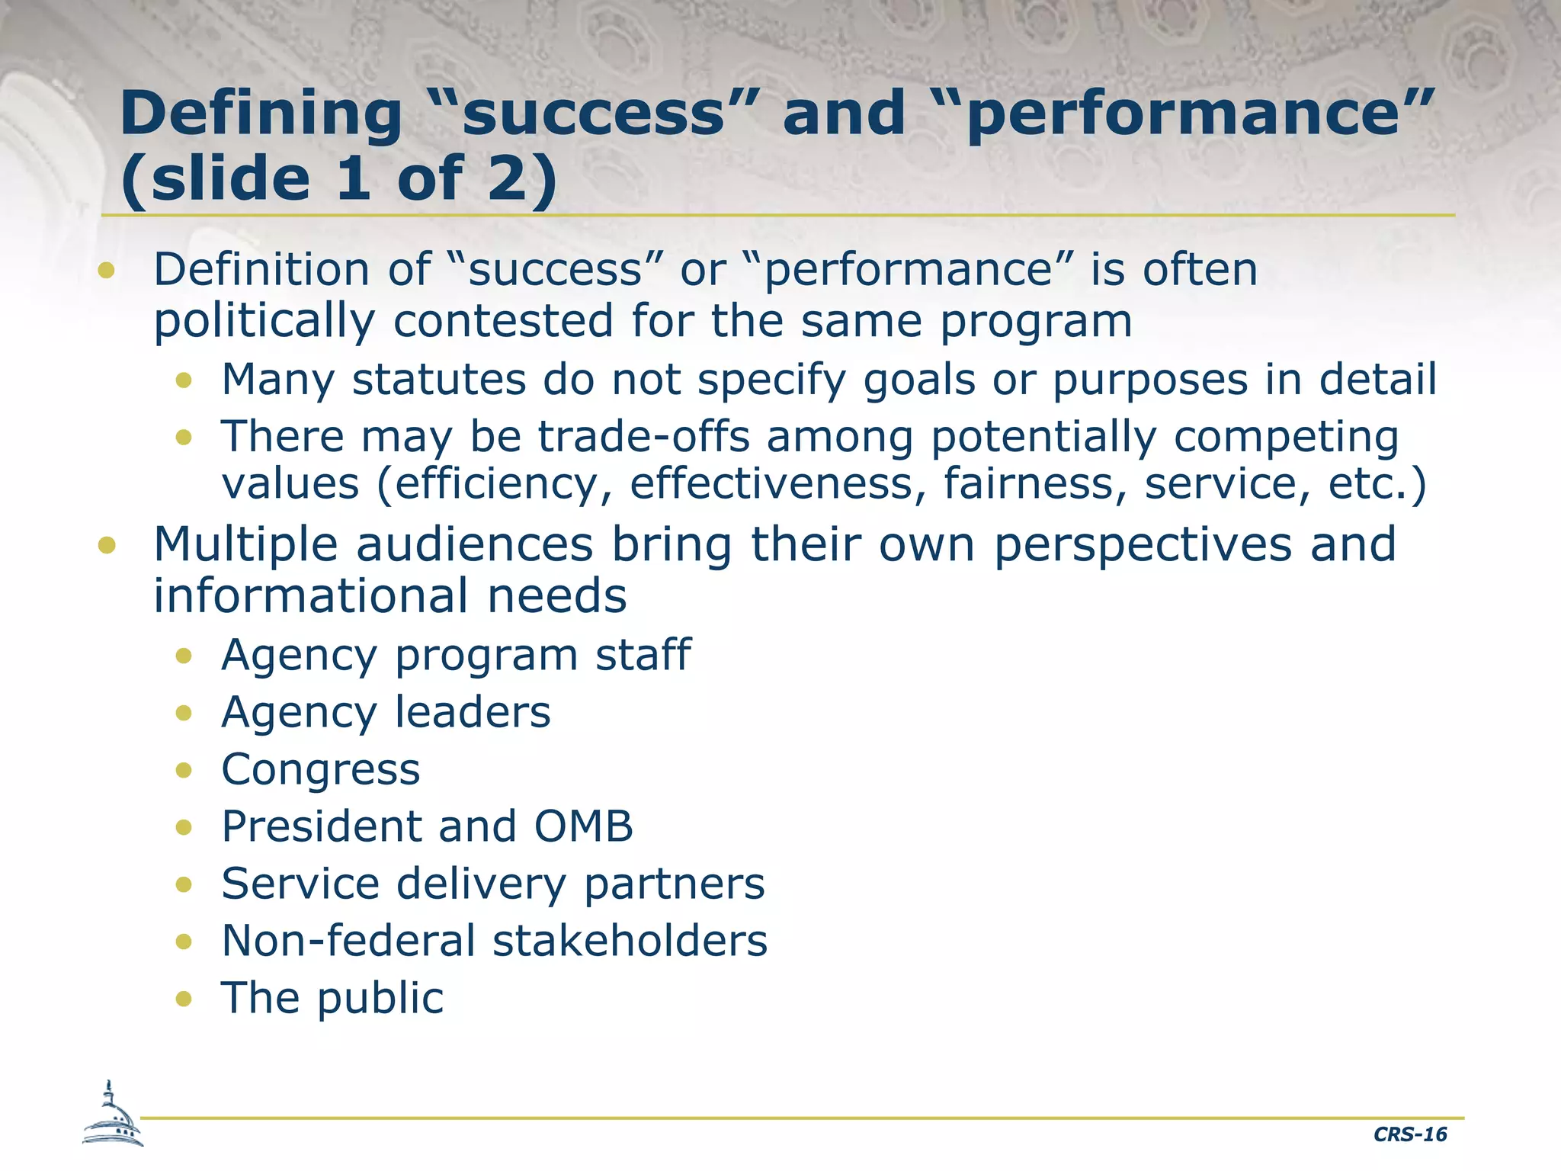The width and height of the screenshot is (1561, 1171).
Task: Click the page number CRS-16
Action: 1409,1134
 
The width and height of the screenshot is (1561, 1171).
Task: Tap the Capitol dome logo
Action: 112,1115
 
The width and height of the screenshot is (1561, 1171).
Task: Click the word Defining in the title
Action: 261,113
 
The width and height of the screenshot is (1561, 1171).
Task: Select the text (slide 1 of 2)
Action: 339,179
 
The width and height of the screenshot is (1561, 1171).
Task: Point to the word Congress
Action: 320,769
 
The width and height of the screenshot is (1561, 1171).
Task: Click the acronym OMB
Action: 583,826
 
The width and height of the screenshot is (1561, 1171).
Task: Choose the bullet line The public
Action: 332,998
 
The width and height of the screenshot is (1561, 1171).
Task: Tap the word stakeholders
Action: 630,941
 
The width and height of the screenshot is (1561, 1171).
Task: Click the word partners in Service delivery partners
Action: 674,884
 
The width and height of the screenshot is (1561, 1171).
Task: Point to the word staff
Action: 643,656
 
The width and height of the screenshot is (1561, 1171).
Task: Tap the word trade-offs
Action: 644,437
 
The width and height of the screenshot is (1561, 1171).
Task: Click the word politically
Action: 264,321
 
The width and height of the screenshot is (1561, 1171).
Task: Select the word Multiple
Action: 245,545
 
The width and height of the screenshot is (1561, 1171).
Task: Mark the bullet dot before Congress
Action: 183,770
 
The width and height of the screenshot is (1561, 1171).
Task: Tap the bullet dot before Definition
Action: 107,270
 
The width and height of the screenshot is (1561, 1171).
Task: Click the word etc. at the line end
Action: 1377,484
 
